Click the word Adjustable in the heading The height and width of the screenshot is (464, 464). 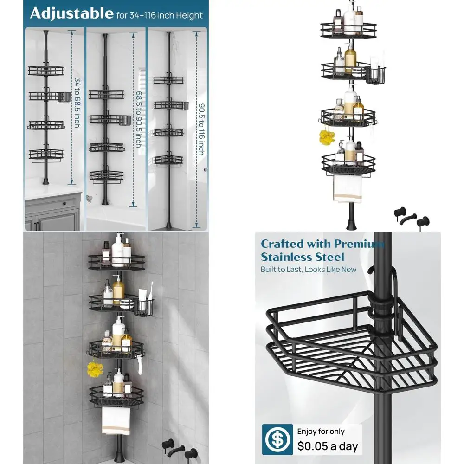coord(71,13)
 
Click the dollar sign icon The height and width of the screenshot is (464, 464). coord(277,439)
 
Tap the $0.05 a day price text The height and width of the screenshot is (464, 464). coord(328,446)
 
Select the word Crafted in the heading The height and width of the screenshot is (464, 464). coord(284,244)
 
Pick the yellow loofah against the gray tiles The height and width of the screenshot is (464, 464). coord(95,369)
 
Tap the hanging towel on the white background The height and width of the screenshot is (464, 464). coord(348,188)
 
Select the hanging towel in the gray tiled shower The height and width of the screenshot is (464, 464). coord(116,420)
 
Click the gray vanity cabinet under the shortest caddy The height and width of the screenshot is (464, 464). coord(52,211)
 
